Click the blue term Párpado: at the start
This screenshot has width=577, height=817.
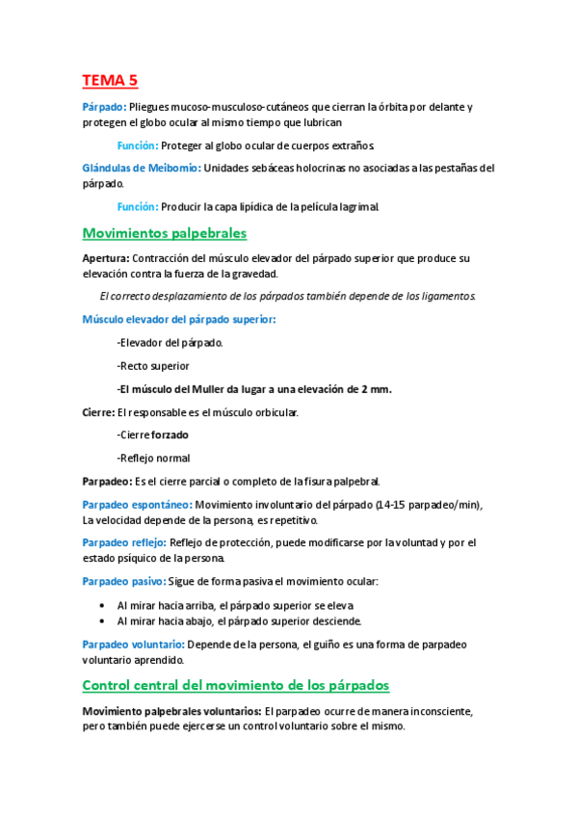pyautogui.click(x=103, y=107)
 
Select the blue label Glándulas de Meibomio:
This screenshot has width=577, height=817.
pyautogui.click(x=142, y=168)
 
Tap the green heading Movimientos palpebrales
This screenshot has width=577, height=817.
pyautogui.click(x=165, y=233)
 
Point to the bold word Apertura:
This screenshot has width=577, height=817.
pyautogui.click(x=105, y=258)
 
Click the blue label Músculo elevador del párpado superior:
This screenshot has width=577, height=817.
pyautogui.click(x=179, y=319)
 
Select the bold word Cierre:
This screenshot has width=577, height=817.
pyautogui.click(x=98, y=412)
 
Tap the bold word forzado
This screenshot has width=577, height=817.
pyautogui.click(x=170, y=435)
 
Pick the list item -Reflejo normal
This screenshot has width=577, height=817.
pyautogui.click(x=153, y=458)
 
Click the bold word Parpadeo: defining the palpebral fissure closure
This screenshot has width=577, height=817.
pyautogui.click(x=107, y=481)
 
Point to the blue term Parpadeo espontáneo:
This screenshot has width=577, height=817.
pyautogui.click(x=137, y=505)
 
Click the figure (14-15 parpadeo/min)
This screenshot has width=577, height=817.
pyautogui.click(x=424, y=505)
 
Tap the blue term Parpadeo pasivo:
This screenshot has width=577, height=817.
pyautogui.click(x=124, y=581)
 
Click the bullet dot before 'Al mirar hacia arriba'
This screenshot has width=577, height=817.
pyautogui.click(x=102, y=605)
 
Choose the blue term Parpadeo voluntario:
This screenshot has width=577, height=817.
pyautogui.click(x=132, y=645)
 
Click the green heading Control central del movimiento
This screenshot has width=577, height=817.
pyautogui.click(x=236, y=685)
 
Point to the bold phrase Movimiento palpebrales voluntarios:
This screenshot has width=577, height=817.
pyautogui.click(x=171, y=711)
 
